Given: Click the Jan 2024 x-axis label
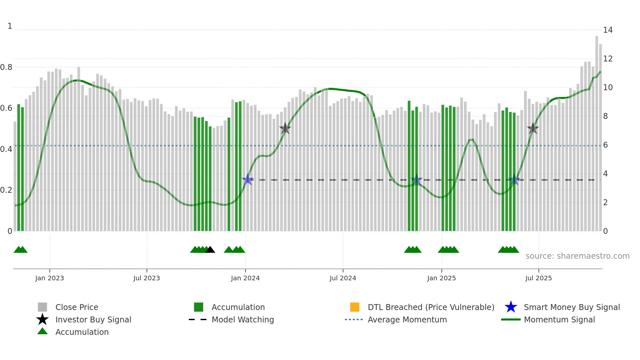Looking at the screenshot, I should tap(245, 278).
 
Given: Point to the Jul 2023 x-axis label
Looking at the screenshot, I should tap(147, 278).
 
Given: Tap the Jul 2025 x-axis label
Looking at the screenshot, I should tap(538, 278).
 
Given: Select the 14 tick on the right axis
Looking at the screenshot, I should tap(608, 30).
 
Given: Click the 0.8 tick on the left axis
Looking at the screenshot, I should tap(6, 67).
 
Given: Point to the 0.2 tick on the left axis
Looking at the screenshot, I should tap(6, 190).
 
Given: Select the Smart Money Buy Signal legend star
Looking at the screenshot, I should tap(511, 307).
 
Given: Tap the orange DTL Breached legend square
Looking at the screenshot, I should tap(355, 307).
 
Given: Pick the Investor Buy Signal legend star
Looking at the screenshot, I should tap(42, 319).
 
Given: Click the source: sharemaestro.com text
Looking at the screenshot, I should tap(577, 256).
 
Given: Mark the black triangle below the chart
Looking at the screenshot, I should tap(210, 250).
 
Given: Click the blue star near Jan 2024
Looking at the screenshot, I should tap(248, 180).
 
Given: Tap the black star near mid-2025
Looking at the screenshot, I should tap(533, 128).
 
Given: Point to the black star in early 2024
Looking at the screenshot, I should tap(285, 128).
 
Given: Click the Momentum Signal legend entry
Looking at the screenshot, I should tap(559, 319).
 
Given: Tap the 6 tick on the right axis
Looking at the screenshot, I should tap(605, 145).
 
